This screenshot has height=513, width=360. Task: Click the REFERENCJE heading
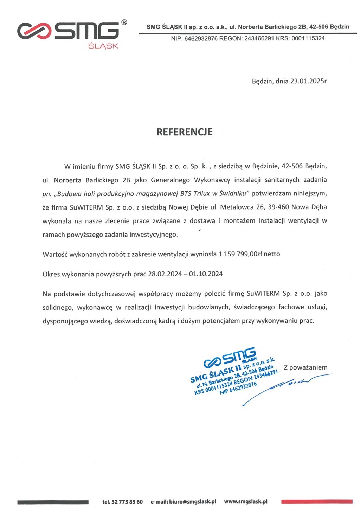[184, 132]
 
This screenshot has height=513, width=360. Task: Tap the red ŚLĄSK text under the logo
[103, 46]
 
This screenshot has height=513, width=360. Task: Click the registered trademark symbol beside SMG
[124, 23]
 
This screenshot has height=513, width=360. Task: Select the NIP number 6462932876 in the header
[201, 39]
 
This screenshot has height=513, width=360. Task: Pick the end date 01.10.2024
[206, 274]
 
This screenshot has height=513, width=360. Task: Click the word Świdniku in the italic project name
[234, 193]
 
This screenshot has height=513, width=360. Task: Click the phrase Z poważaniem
[306, 367]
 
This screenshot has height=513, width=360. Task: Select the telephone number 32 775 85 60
[127, 502]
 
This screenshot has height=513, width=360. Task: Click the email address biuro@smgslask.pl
[192, 502]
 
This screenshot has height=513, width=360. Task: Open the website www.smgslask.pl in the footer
[246, 502]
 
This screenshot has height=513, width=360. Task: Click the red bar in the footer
[317, 502]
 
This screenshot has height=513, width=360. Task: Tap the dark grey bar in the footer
[53, 502]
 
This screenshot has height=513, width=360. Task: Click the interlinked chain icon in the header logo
[34, 31]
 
